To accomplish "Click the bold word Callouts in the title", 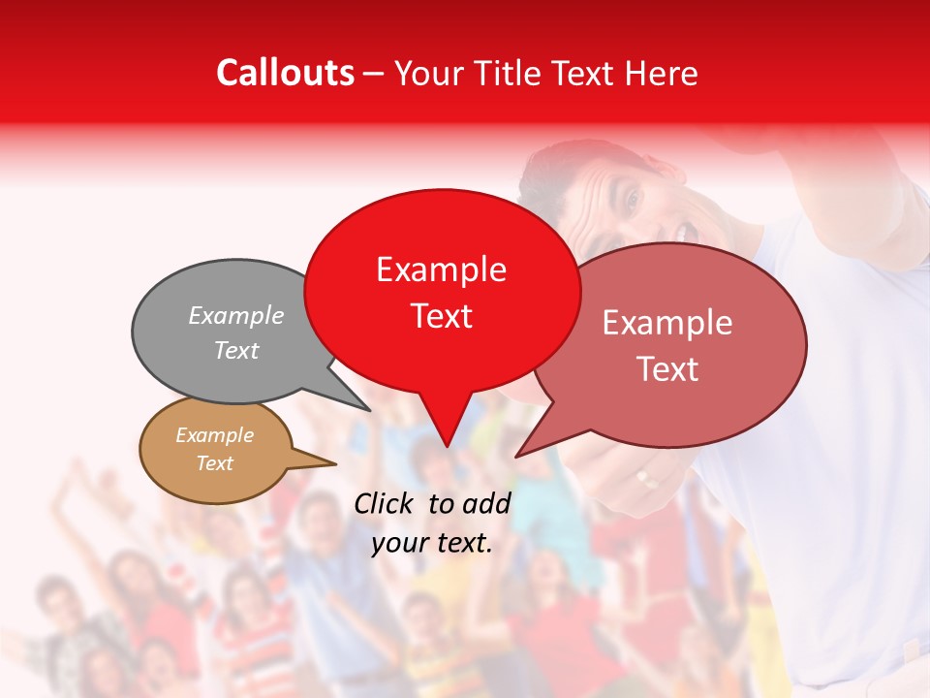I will coord(285,73).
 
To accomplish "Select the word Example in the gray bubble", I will coord(236,315).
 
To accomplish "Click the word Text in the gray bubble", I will coord(236,350).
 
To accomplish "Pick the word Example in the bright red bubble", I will coord(441,270).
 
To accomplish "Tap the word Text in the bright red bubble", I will coord(441,316).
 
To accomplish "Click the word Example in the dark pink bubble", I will coord(666,323).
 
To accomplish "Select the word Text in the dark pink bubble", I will coord(666,369).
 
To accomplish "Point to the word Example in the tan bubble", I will coord(214,435).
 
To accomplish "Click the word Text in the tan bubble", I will coord(214,463).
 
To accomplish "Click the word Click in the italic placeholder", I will coord(385,503).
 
